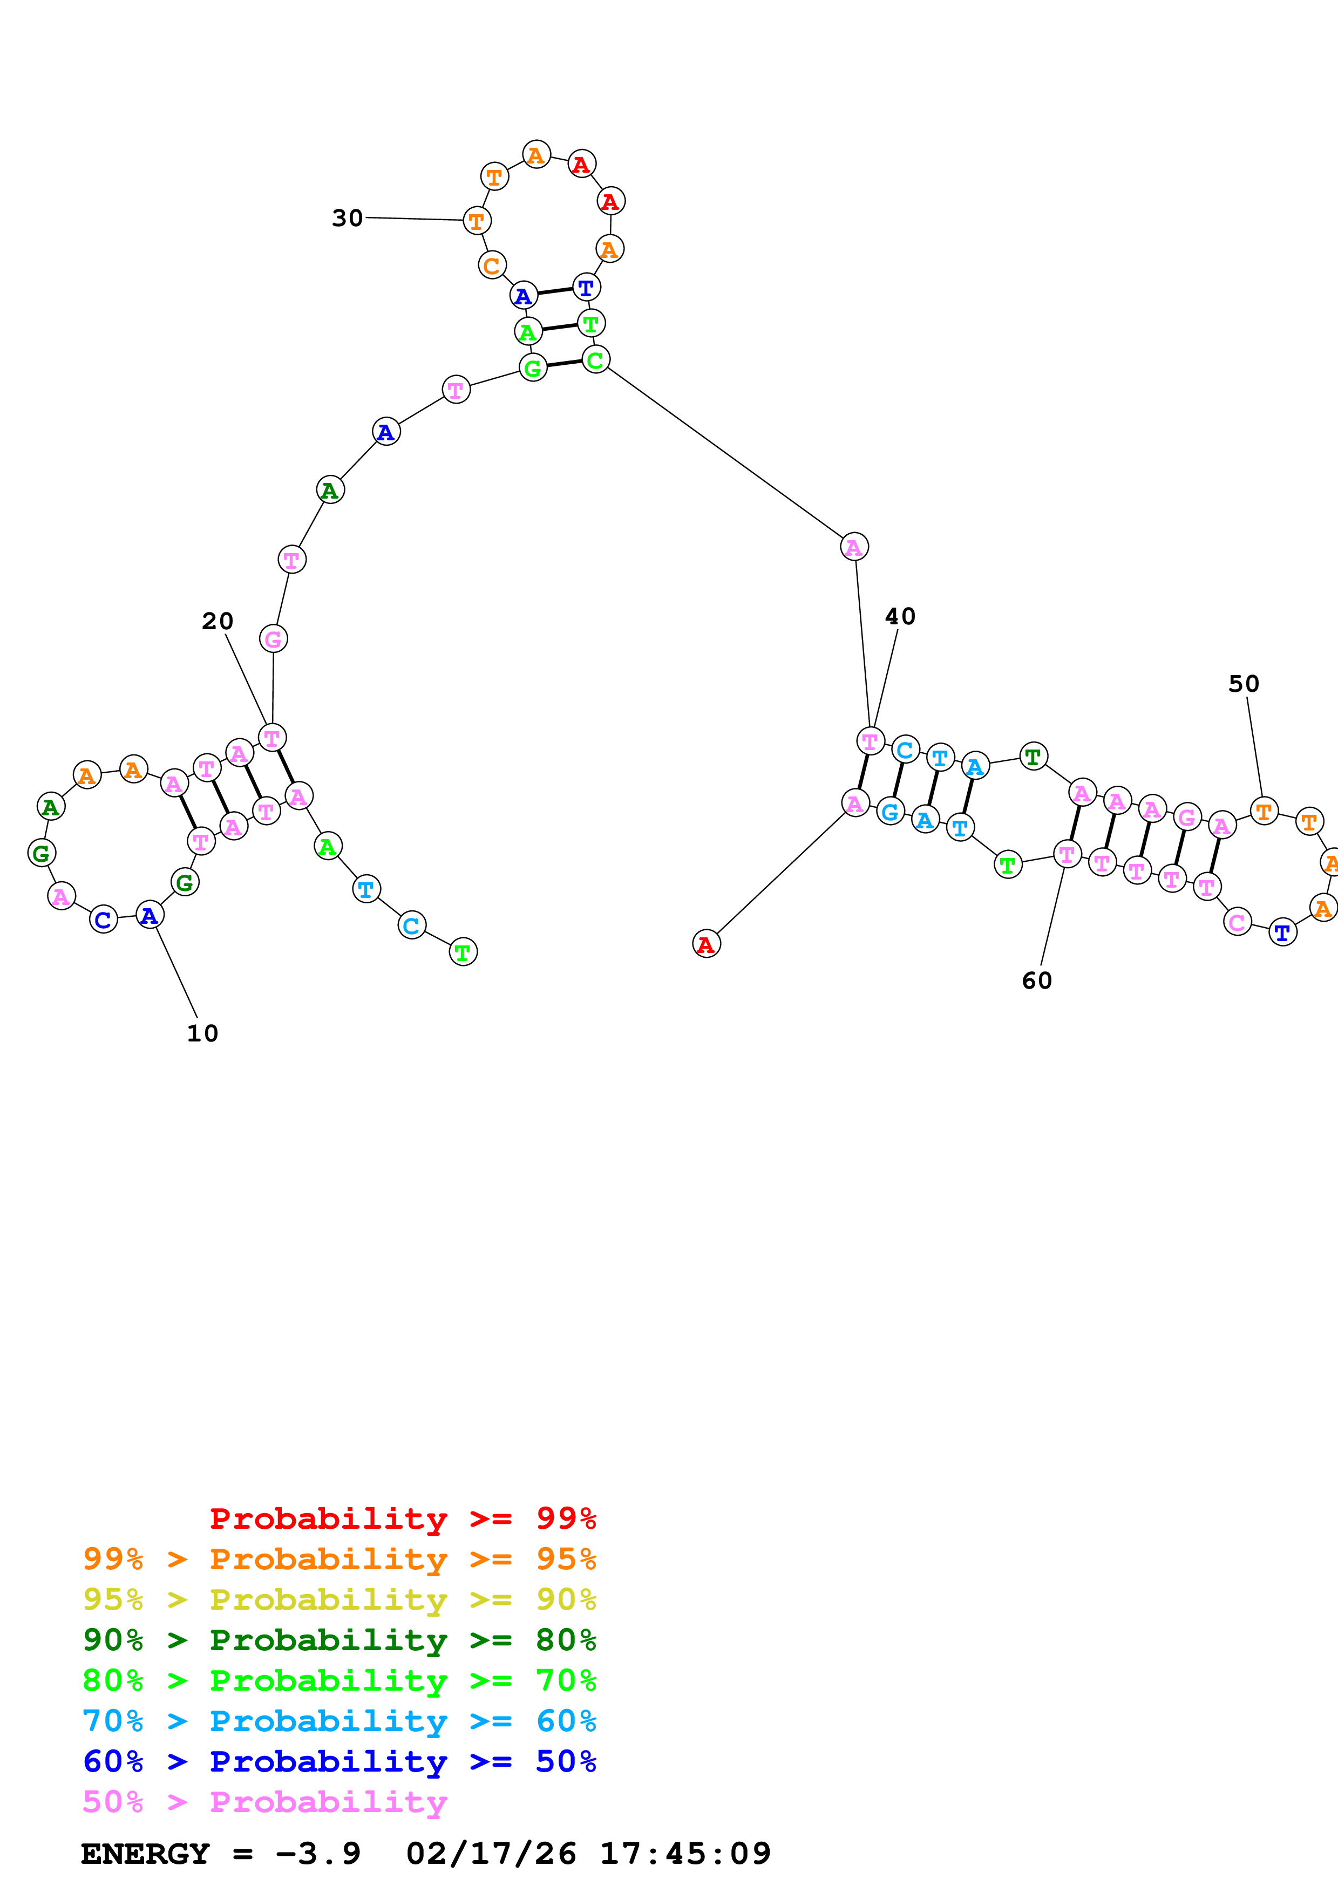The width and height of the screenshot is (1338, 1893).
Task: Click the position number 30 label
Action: click(x=347, y=219)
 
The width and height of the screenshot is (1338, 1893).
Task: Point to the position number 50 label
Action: click(x=1243, y=684)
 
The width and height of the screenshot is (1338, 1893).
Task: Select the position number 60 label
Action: click(x=1036, y=981)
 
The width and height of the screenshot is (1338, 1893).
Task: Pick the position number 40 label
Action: click(x=900, y=617)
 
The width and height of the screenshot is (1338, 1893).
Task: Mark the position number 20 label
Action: click(x=218, y=622)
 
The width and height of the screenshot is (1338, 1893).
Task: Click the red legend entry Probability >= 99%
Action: click(x=402, y=1518)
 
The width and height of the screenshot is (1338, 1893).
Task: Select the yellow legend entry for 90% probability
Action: click(x=339, y=1599)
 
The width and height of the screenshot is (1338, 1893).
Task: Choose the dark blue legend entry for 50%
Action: click(x=339, y=1762)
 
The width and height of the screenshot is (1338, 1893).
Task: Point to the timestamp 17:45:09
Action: click(x=684, y=1854)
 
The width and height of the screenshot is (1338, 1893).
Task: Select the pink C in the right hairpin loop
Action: click(x=1237, y=922)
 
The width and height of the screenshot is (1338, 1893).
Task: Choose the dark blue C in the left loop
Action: click(x=103, y=920)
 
